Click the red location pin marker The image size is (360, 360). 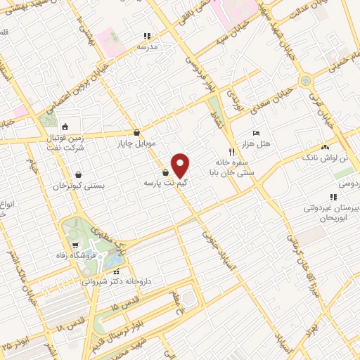(x=181, y=165)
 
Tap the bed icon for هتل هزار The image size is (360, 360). (x=256, y=133)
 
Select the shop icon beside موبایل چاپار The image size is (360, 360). (x=136, y=131)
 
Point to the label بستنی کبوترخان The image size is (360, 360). (x=79, y=186)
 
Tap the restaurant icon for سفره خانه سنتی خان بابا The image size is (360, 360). (x=231, y=152)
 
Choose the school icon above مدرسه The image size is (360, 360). (x=147, y=36)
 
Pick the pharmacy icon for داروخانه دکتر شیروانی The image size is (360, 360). (x=117, y=271)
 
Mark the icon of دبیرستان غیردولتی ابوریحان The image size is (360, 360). (x=333, y=197)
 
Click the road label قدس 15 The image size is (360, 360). (x=126, y=304)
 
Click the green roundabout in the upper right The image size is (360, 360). (x=304, y=80)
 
